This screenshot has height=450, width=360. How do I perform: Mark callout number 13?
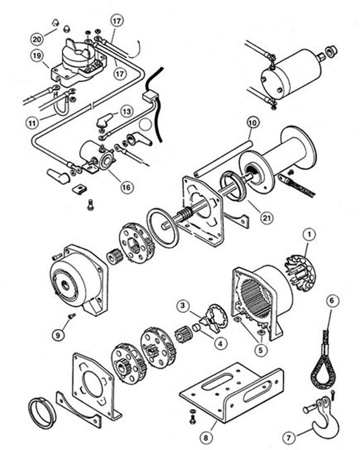coord(127,110)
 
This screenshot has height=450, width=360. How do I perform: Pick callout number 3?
coord(182,306)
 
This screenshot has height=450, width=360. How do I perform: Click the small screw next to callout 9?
coord(73,315)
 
